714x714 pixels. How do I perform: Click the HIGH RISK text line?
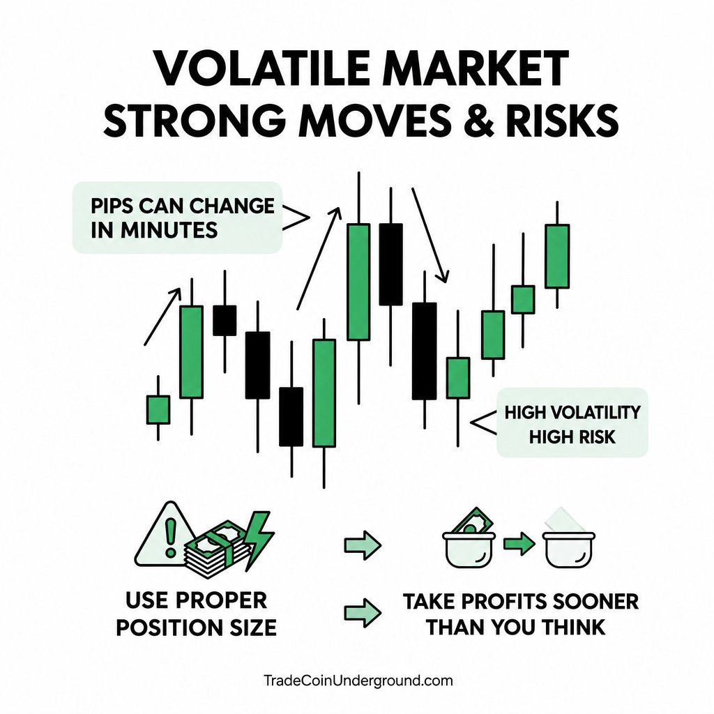pos(572,437)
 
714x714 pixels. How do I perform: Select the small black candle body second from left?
pos(225,321)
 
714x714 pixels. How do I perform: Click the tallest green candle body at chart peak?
pos(358,282)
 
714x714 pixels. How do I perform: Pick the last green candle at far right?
pos(557,257)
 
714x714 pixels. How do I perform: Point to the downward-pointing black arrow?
pos(430,235)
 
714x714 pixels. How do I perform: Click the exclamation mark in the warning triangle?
pos(171,538)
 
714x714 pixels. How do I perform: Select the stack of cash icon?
pos(217,552)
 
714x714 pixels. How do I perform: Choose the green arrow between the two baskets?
pos(519,544)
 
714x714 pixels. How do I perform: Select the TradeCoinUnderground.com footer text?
pos(358,681)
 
